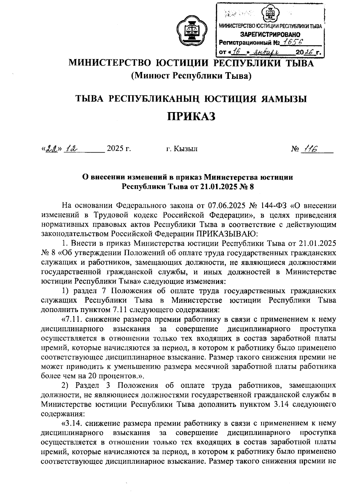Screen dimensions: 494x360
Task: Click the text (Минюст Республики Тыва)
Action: (x=191, y=76)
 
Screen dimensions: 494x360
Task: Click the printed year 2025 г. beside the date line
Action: (x=119, y=149)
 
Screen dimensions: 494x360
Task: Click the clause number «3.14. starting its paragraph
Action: (x=70, y=423)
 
